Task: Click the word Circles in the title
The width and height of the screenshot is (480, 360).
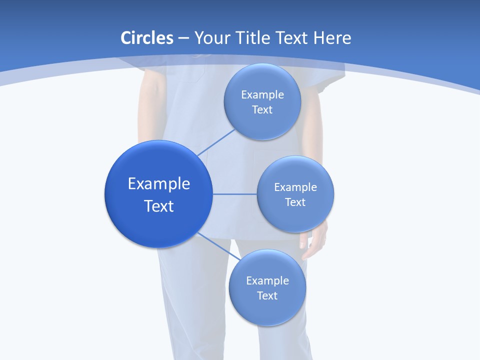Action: [146, 38]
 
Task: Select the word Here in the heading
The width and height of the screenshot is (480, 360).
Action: [332, 38]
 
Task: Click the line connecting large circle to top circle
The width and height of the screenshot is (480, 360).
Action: [216, 142]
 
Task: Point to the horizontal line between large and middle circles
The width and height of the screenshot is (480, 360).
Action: [235, 194]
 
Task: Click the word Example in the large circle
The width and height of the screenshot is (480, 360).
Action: [159, 184]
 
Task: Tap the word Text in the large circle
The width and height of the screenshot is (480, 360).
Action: [159, 206]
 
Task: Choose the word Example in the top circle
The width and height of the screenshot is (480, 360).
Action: [262, 95]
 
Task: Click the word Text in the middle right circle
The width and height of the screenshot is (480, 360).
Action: [295, 202]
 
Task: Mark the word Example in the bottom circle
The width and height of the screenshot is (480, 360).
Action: [267, 281]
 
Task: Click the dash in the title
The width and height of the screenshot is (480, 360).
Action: [183, 38]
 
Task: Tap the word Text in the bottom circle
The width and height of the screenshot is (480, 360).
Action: [267, 296]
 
